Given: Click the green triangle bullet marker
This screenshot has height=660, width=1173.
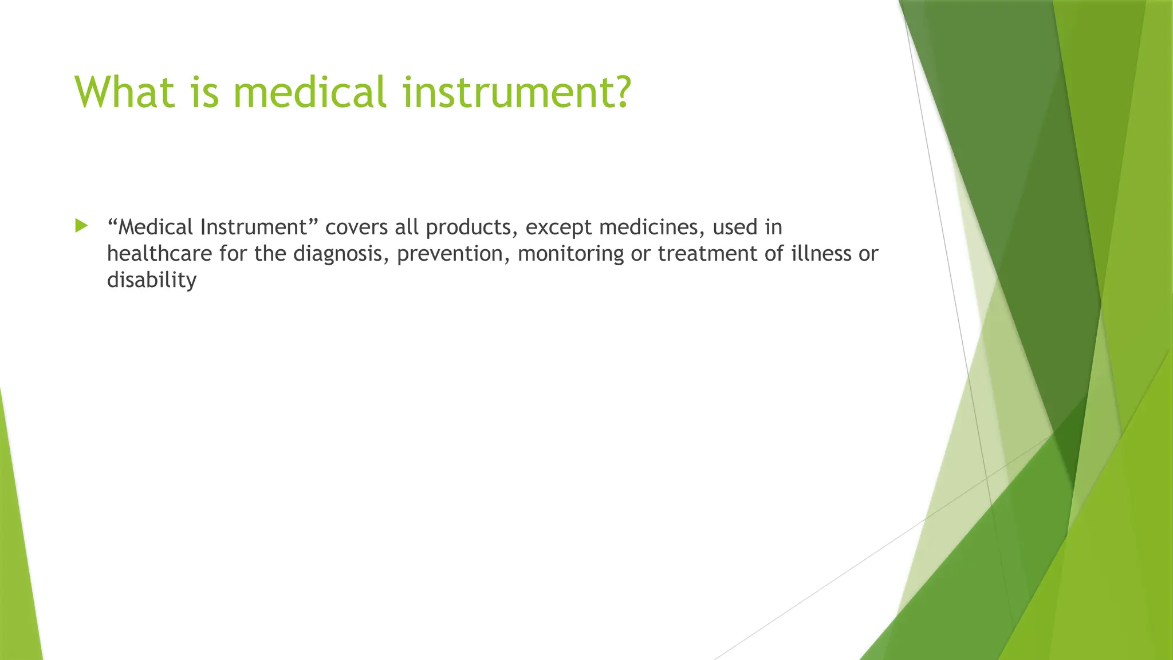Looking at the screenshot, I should (x=81, y=226).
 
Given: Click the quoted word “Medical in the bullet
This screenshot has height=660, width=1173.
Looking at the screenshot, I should (x=150, y=227).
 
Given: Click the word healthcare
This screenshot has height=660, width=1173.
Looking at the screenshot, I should (x=159, y=254).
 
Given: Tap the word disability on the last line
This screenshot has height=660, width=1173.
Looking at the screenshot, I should (x=152, y=280).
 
